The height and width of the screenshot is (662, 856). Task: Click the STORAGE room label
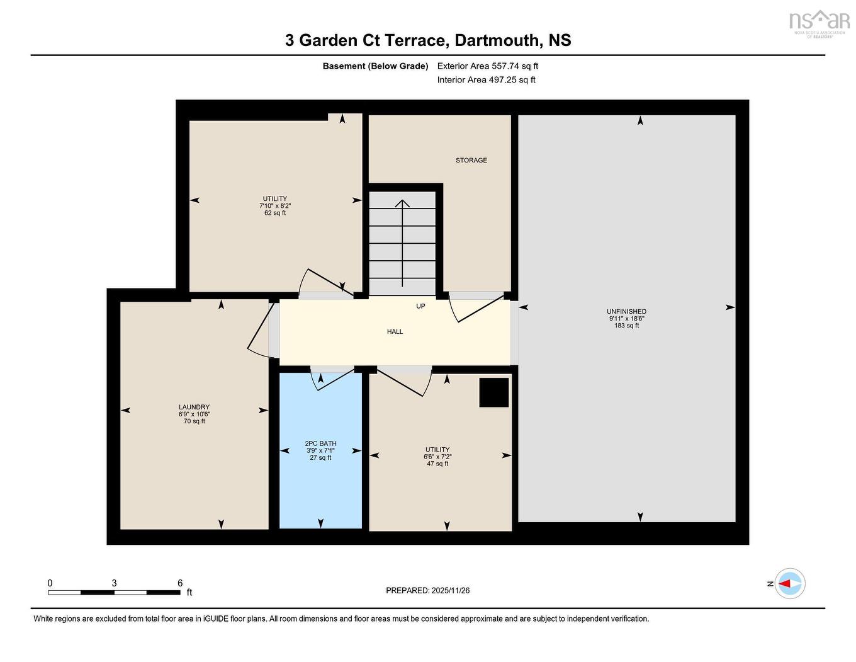pos(471,160)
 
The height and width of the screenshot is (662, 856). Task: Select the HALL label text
pos(395,331)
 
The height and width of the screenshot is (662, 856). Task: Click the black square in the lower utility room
pos(494,392)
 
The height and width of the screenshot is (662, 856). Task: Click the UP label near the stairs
pos(420,306)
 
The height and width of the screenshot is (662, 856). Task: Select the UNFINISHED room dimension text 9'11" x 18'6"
pos(626,319)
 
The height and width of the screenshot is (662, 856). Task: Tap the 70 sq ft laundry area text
pos(194,421)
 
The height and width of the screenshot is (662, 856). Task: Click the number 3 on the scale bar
pos(114,583)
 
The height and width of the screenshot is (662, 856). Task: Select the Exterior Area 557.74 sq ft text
pos(487,66)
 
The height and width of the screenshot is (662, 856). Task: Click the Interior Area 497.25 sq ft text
pos(486,80)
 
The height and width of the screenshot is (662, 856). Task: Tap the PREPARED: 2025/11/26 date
pos(427,590)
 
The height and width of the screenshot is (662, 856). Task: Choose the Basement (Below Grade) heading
pos(375,66)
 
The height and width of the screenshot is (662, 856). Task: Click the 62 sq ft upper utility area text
pos(275,213)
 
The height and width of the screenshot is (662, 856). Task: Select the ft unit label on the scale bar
pos(189,592)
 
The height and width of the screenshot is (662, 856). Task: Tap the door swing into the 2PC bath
pos(332,379)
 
